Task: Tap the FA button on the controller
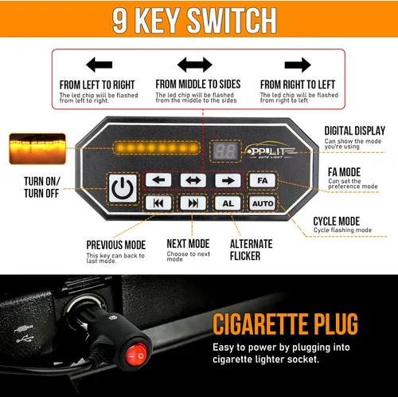coord(263,180)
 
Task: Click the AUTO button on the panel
coord(263,203)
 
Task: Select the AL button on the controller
coord(228,203)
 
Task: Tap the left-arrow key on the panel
coord(158,180)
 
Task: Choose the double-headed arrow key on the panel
coord(193,180)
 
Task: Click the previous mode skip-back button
coord(158,203)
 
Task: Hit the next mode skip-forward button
coord(193,203)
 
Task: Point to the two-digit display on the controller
coord(225,151)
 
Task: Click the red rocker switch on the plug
coord(135,354)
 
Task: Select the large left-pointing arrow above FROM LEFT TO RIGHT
coord(99,65)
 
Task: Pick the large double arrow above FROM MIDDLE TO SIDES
coord(195,65)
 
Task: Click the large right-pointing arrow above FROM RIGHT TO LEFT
coord(298,65)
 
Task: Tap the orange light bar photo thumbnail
coord(37,149)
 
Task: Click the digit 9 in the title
coord(120,20)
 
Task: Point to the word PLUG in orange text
coord(336,324)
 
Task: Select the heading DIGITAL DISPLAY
coord(355,131)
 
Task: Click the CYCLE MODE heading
coord(337,221)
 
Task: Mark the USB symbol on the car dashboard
coord(25,340)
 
